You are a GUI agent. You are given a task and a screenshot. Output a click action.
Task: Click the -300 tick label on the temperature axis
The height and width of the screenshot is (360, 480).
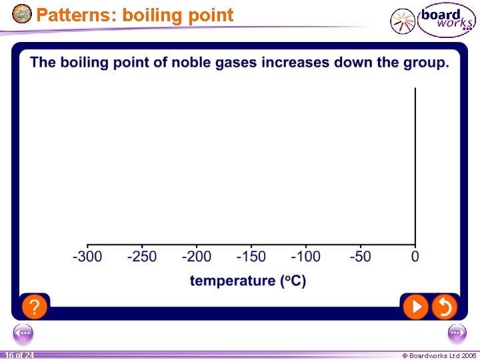[87, 257]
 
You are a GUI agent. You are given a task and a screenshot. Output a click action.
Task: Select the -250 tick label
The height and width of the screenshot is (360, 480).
[142, 257]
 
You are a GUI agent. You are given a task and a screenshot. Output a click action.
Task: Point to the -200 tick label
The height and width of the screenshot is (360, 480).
[197, 257]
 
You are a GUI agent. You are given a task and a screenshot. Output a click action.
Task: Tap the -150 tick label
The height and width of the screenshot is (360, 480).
[251, 257]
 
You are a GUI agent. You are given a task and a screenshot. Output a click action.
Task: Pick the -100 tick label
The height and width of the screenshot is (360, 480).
[306, 257]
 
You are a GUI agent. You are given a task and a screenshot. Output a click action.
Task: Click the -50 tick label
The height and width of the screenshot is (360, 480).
[361, 257]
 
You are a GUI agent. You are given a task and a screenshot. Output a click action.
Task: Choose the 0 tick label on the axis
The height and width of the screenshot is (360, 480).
[415, 257]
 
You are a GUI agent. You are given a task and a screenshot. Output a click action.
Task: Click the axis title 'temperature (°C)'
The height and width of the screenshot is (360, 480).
[248, 281]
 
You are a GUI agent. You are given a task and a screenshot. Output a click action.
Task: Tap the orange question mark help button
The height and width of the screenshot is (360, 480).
[35, 307]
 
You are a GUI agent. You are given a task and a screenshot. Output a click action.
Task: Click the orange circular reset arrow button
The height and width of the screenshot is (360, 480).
[444, 307]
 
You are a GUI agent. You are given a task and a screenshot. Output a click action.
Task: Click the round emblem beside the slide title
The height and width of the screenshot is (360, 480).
[22, 13]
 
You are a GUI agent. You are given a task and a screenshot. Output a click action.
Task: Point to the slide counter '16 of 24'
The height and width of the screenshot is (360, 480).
[19, 355]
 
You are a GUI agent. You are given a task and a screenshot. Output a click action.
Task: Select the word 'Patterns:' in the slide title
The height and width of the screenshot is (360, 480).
[76, 15]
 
